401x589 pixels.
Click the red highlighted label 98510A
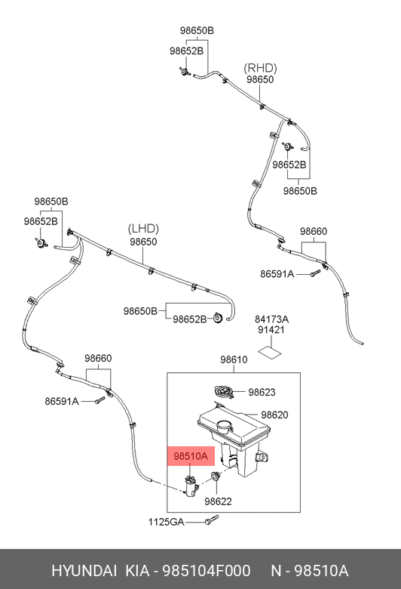191,456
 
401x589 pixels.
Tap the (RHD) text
260,68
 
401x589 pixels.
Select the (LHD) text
143,228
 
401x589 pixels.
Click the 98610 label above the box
234,359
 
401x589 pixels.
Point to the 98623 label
262,392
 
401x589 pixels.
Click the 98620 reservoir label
274,415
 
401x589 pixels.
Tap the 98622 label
218,501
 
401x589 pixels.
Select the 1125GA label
166,522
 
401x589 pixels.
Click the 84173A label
271,319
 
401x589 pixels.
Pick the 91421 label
271,330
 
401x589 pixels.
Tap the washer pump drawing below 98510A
191,486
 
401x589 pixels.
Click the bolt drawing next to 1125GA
212,520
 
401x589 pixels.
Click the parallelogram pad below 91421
270,352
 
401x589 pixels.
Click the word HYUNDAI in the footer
84,571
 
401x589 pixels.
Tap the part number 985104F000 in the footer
206,571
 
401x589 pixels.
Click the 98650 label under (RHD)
260,79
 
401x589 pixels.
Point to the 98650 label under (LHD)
143,242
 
